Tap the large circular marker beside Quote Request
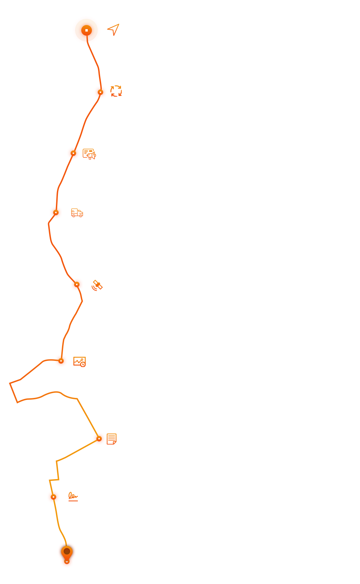(x=86, y=31)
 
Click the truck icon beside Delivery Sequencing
(x=77, y=213)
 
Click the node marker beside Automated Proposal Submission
(x=100, y=92)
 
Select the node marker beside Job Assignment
(x=73, y=153)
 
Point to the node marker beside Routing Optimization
(x=77, y=284)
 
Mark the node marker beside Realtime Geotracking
(x=61, y=361)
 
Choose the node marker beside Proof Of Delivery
(x=99, y=439)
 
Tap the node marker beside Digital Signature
(x=53, y=497)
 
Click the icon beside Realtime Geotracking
(x=80, y=362)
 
